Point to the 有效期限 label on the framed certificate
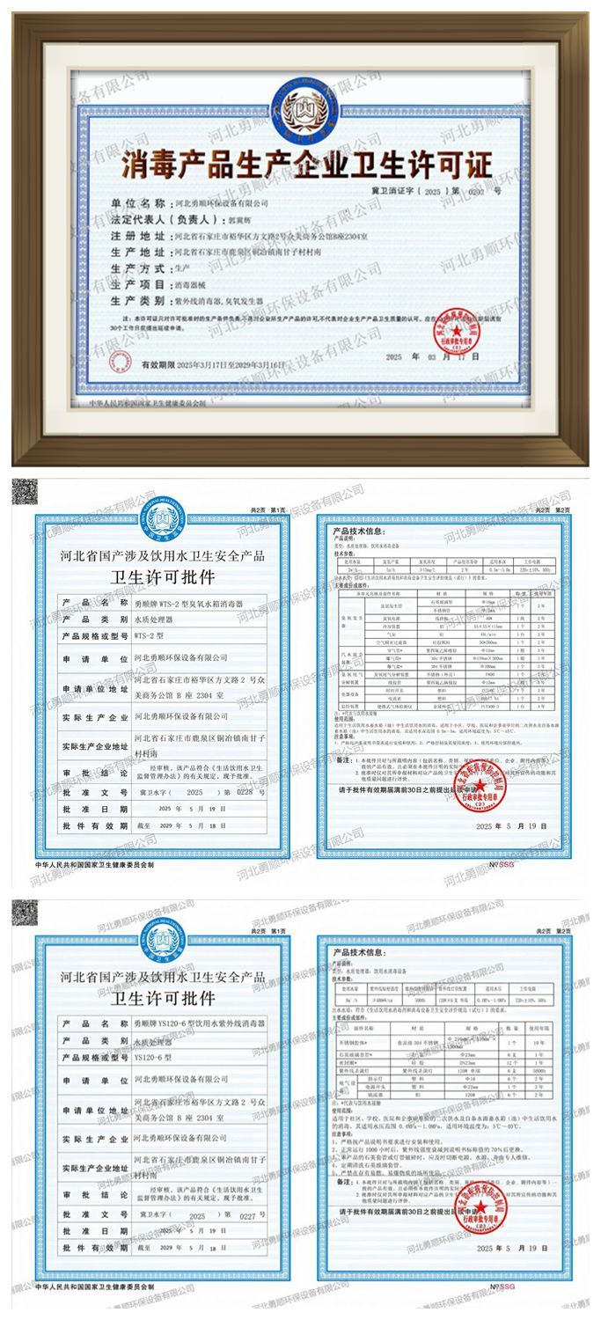click(x=158, y=363)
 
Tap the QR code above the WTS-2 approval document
click(x=24, y=491)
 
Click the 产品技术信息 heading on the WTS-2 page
click(x=357, y=532)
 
